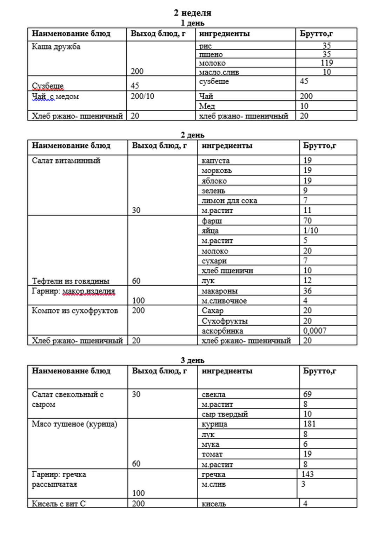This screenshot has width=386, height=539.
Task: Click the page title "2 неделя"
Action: click(192, 13)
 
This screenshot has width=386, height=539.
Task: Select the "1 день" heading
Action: click(192, 23)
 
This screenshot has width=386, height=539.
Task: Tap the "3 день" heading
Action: click(192, 360)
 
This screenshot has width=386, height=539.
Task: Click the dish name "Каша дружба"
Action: click(56, 47)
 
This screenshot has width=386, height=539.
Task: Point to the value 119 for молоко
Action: click(327, 63)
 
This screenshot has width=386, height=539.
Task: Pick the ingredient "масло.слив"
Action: click(219, 72)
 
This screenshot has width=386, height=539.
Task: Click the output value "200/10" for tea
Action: click(142, 96)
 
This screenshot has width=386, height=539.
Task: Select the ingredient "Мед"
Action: click(207, 106)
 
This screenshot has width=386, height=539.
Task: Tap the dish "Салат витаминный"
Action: click(66, 161)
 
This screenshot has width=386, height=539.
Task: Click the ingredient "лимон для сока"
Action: click(229, 201)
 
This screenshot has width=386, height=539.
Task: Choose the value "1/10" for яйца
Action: click(311, 231)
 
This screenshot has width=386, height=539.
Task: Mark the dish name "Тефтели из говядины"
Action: click(71, 281)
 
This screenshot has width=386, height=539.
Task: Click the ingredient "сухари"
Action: click(214, 261)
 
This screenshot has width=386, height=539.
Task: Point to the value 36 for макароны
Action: click(307, 291)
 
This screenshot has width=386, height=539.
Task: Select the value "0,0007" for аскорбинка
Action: click(315, 331)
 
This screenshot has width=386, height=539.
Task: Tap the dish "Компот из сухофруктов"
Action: click(75, 311)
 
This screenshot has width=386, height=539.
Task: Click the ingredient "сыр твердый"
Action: click(225, 414)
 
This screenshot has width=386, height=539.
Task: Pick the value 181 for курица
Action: click(310, 424)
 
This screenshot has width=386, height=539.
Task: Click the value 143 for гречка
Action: click(307, 474)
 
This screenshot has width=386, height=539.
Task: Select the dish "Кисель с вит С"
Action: click(59, 504)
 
